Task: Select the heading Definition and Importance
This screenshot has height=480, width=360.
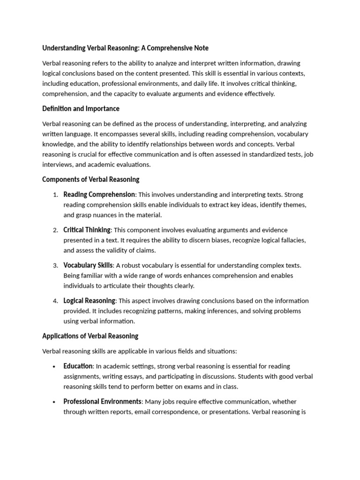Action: coord(81,109)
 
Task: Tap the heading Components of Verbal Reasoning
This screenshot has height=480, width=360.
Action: coord(90,180)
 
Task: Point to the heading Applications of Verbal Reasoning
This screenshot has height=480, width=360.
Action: coord(90,336)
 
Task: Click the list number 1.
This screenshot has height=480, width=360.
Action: coord(55,195)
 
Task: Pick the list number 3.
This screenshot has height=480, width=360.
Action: coord(55,266)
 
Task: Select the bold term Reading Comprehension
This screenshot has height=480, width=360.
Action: coord(99,195)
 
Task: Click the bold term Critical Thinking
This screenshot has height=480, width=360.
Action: coord(87,230)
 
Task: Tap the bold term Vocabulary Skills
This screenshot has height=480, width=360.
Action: coord(88,265)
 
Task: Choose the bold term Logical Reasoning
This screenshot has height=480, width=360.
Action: coord(89,301)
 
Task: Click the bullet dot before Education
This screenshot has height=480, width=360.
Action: coord(55,367)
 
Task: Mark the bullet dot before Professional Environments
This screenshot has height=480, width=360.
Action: coord(55,402)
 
